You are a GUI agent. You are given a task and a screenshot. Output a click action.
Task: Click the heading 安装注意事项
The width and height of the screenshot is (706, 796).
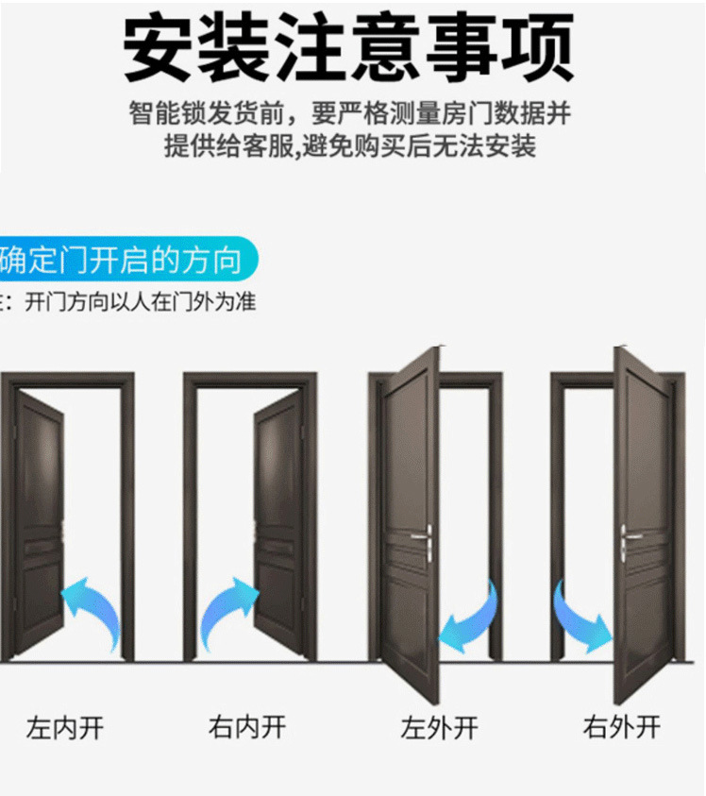point(348,47)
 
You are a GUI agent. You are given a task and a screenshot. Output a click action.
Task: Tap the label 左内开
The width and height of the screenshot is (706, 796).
point(64,728)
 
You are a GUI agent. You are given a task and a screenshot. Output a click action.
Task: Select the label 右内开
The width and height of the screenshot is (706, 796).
point(246,728)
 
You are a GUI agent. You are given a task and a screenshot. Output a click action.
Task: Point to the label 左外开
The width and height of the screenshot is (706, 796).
point(439,728)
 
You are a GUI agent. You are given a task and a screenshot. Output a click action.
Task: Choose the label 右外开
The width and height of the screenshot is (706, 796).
point(621,728)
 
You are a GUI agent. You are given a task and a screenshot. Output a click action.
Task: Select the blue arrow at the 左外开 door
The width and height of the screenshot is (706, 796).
point(471,618)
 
